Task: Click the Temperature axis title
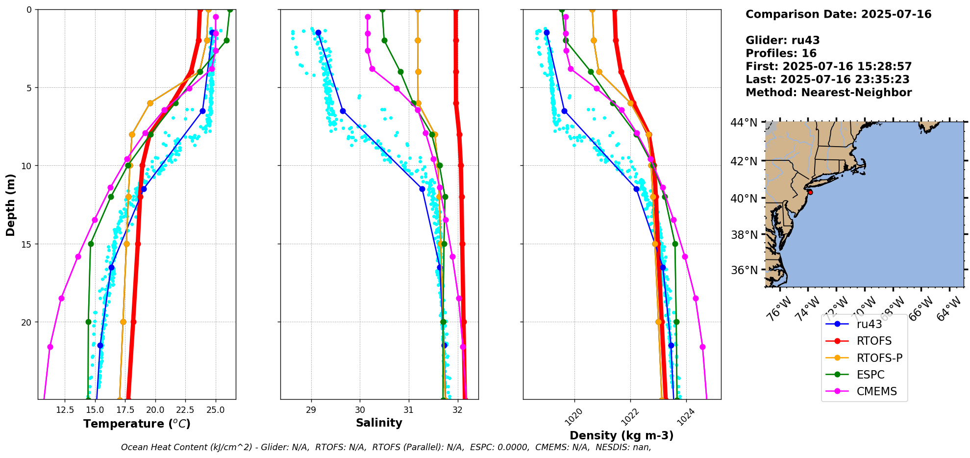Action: tap(137, 424)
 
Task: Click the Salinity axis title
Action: tap(379, 423)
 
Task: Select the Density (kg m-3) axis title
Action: tap(622, 435)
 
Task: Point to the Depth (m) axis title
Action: tap(11, 205)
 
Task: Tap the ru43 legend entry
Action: tap(869, 324)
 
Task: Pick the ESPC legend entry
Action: tap(871, 375)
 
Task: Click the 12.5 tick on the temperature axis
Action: tap(65, 410)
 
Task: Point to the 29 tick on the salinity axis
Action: tap(311, 410)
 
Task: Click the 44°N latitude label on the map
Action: tap(744, 123)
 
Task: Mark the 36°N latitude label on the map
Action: tap(744, 270)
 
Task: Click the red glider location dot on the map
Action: tap(810, 192)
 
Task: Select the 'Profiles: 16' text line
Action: tap(781, 53)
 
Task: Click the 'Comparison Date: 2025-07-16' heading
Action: tap(838, 14)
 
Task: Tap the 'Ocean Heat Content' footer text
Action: tap(186, 447)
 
